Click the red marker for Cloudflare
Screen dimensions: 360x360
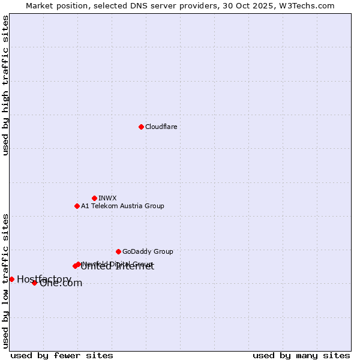(x=141, y=127)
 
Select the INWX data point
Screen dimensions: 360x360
(x=94, y=198)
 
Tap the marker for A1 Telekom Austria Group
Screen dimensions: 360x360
(x=77, y=206)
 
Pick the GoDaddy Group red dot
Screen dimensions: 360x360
(x=118, y=251)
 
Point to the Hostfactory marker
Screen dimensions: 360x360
(x=11, y=279)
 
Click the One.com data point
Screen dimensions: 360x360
(x=34, y=283)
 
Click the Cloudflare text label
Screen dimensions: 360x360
(x=161, y=127)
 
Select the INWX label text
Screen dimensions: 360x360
(x=107, y=198)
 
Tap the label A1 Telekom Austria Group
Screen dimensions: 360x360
(x=122, y=206)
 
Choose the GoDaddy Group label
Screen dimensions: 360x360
(x=148, y=251)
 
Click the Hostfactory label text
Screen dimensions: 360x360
(x=44, y=279)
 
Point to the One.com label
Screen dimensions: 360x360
(x=61, y=283)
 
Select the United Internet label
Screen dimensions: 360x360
(x=118, y=267)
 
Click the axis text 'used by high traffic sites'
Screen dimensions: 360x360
(x=6, y=85)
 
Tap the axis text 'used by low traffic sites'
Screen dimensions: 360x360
(x=6, y=281)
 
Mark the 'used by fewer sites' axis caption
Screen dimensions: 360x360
(x=62, y=355)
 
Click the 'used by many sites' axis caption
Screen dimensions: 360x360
(x=301, y=355)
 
